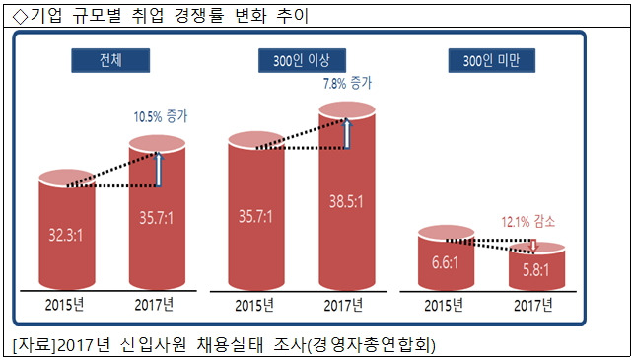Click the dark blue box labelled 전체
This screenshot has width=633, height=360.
[x=109, y=60]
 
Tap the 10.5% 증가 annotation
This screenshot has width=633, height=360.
[x=160, y=116]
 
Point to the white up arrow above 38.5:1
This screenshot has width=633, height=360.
[x=347, y=133]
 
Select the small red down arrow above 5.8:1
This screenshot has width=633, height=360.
[x=533, y=243]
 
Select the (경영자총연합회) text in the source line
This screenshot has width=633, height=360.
[x=376, y=344]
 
